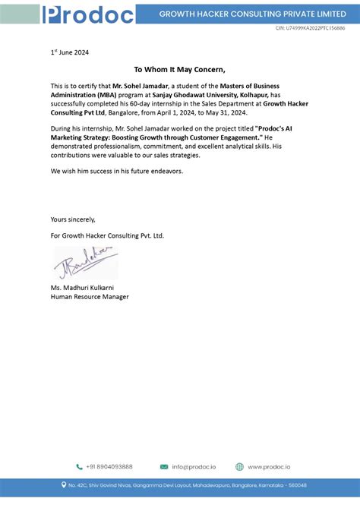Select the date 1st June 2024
(x=70, y=52)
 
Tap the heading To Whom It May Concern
(x=179, y=68)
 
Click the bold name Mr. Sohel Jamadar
(x=139, y=87)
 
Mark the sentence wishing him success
(x=117, y=171)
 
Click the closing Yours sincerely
(x=73, y=219)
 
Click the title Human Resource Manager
(x=90, y=297)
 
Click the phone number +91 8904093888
(x=109, y=467)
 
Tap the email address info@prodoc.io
(x=194, y=467)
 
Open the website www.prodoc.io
(x=269, y=467)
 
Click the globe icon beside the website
(x=239, y=467)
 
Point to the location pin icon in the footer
(x=64, y=484)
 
